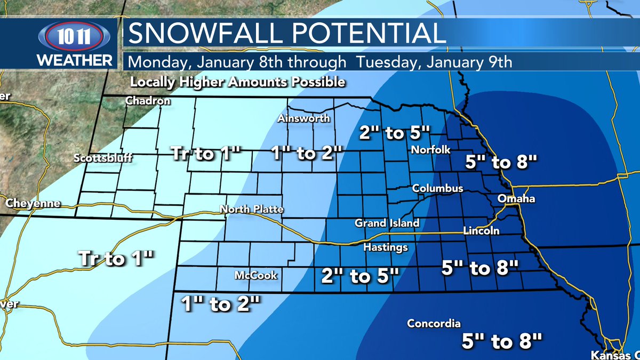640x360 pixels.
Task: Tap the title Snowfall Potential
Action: [x=287, y=33]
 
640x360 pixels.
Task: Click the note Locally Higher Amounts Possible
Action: [x=237, y=83]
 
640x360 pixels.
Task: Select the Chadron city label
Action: [x=148, y=101]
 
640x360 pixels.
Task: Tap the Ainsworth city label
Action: [x=303, y=118]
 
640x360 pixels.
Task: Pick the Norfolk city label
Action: [x=431, y=150]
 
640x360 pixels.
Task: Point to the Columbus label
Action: [x=437, y=189]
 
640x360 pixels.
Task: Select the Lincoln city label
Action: [x=481, y=231]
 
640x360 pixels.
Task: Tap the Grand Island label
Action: [x=387, y=223]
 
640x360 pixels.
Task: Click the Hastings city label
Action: [x=385, y=247]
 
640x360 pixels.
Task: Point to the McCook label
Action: [x=256, y=276]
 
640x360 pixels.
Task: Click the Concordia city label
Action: [x=434, y=324]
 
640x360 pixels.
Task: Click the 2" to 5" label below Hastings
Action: [x=360, y=276]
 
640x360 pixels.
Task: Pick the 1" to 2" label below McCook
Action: [x=220, y=303]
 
